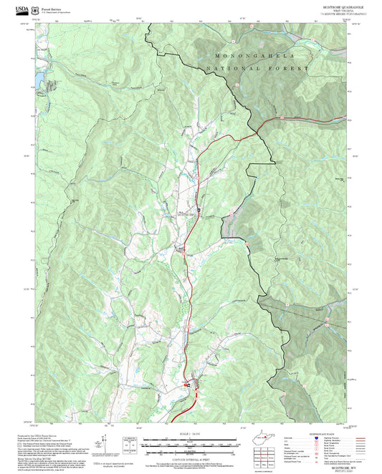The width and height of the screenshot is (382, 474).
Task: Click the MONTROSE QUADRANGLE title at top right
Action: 333,7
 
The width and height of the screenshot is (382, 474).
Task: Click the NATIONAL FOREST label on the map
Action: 256,69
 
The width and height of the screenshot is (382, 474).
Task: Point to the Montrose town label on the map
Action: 185,213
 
